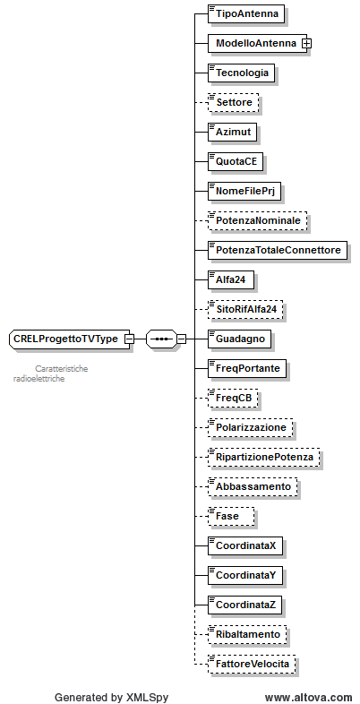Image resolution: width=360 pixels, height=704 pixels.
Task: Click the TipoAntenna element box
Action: click(x=246, y=13)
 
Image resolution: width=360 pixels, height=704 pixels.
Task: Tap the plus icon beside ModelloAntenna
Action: click(x=307, y=43)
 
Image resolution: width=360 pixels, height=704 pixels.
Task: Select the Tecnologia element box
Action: click(x=241, y=73)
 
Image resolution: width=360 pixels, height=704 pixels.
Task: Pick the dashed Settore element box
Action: click(x=234, y=102)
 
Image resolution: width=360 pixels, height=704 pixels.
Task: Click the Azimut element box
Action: click(x=233, y=132)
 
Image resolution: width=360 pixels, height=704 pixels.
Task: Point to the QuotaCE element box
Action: click(x=236, y=161)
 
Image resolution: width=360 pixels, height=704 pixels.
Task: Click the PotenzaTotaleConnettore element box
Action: click(x=278, y=250)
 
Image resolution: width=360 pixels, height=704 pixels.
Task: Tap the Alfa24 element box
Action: click(x=231, y=279)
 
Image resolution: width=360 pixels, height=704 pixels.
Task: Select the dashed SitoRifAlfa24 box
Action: click(x=245, y=309)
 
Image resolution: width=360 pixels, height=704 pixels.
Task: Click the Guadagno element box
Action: click(x=240, y=339)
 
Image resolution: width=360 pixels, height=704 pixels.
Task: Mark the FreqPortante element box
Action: click(x=247, y=369)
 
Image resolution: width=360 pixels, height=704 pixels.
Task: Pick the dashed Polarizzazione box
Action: click(x=250, y=427)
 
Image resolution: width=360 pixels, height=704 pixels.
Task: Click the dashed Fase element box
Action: click(x=231, y=516)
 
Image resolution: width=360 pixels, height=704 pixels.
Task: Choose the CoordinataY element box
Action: click(x=245, y=575)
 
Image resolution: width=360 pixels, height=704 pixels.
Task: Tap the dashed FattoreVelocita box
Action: click(x=252, y=664)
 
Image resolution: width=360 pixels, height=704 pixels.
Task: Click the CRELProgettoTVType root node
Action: click(x=69, y=339)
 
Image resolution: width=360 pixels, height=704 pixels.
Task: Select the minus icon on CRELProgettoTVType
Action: click(x=129, y=339)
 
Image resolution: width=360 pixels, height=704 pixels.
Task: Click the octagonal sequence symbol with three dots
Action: click(x=161, y=339)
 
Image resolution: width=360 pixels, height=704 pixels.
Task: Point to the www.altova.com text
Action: click(x=308, y=697)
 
